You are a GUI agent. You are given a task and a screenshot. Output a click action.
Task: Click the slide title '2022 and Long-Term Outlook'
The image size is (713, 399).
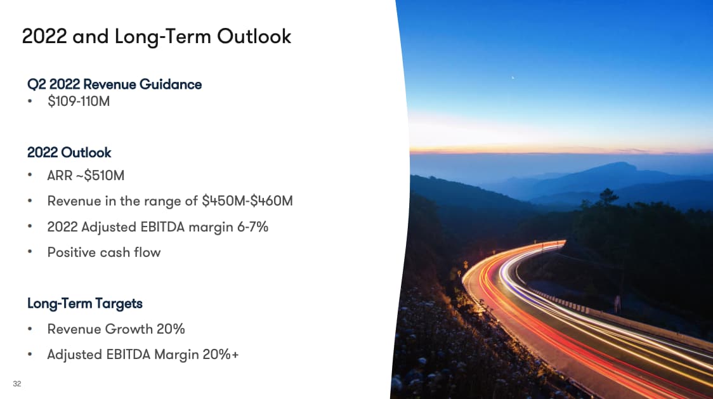pyautogui.click(x=157, y=37)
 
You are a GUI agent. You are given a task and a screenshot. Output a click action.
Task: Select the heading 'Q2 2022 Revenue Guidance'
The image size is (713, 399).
pyautogui.click(x=115, y=84)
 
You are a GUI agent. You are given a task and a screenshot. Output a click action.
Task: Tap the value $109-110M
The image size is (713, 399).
pyautogui.click(x=79, y=101)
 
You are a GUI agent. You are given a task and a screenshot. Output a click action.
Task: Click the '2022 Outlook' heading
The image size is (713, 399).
pyautogui.click(x=69, y=152)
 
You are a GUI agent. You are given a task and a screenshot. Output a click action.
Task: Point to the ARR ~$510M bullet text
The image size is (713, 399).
pyautogui.click(x=86, y=175)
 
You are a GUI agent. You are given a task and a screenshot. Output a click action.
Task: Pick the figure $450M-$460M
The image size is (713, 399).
pyautogui.click(x=247, y=200)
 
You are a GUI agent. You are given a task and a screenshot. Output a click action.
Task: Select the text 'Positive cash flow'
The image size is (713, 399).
pyautogui.click(x=103, y=252)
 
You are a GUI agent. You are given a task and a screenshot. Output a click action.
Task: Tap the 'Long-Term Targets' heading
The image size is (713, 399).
pyautogui.click(x=85, y=303)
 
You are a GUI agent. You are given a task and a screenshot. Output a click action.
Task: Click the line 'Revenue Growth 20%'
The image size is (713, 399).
pyautogui.click(x=116, y=329)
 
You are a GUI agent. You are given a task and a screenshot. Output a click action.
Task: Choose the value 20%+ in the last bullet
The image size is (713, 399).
pyautogui.click(x=221, y=355)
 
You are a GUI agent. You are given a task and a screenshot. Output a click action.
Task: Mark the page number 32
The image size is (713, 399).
pyautogui.click(x=17, y=384)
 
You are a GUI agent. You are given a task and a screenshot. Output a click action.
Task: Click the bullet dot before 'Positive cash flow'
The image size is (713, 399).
pyautogui.click(x=30, y=251)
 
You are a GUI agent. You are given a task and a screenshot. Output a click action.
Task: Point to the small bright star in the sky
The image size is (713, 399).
pyautogui.click(x=513, y=78)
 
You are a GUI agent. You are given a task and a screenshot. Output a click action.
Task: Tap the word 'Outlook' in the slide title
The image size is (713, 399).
pyautogui.click(x=254, y=37)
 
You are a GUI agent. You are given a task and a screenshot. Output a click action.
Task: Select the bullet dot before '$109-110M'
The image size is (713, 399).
pyautogui.click(x=30, y=101)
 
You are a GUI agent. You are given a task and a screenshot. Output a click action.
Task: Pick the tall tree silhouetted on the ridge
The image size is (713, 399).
pyautogui.click(x=608, y=197)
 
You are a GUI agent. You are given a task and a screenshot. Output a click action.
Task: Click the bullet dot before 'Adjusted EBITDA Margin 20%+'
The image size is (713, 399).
pyautogui.click(x=30, y=353)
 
